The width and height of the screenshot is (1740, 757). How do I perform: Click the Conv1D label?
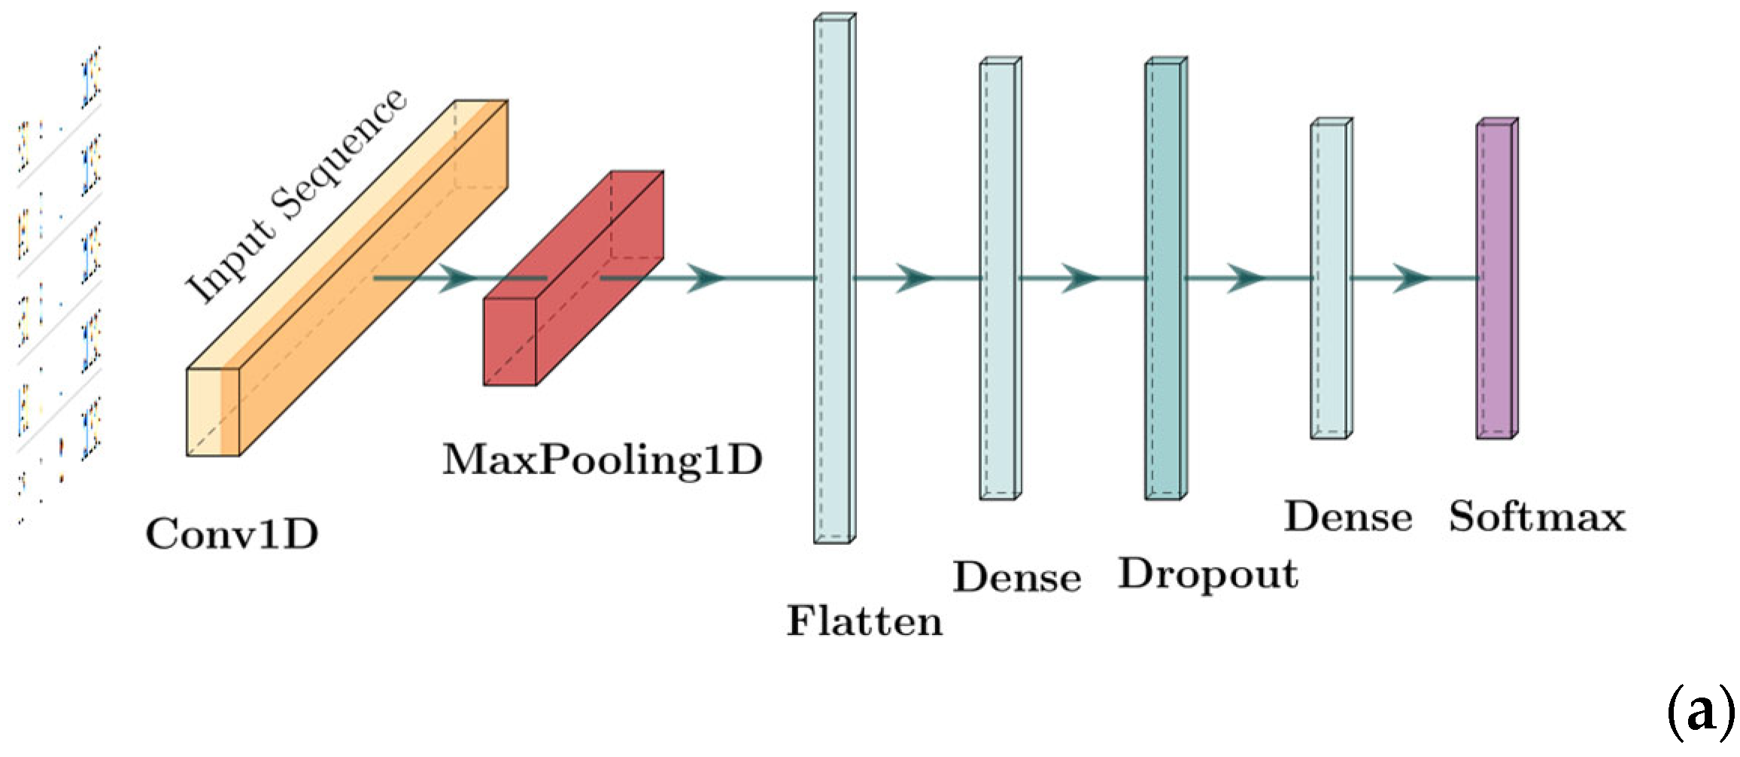232,534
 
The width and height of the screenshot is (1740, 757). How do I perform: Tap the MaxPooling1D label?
602,460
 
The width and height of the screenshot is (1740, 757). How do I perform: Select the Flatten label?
864,622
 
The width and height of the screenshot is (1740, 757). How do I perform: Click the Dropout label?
1208,575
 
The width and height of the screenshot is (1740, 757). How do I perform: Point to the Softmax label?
1537,517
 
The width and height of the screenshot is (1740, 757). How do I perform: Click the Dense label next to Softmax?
1348,517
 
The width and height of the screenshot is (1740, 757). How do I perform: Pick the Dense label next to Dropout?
1017,577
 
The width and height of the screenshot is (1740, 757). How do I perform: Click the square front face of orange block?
213,412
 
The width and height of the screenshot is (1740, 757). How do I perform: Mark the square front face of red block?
509,342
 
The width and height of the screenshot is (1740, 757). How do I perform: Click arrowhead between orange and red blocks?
457,278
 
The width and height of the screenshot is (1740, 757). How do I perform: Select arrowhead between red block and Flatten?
706,278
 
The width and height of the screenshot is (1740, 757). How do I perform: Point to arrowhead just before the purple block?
1411,278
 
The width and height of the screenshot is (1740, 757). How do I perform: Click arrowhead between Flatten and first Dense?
915,278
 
